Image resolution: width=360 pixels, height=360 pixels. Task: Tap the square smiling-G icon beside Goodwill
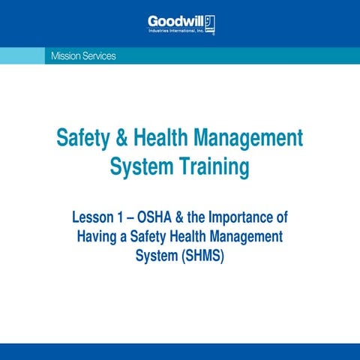click(211, 22)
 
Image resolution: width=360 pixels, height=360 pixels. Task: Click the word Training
click(211, 166)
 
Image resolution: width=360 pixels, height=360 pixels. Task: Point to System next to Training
click(139, 166)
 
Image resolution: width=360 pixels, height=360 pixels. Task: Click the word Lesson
click(93, 218)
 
